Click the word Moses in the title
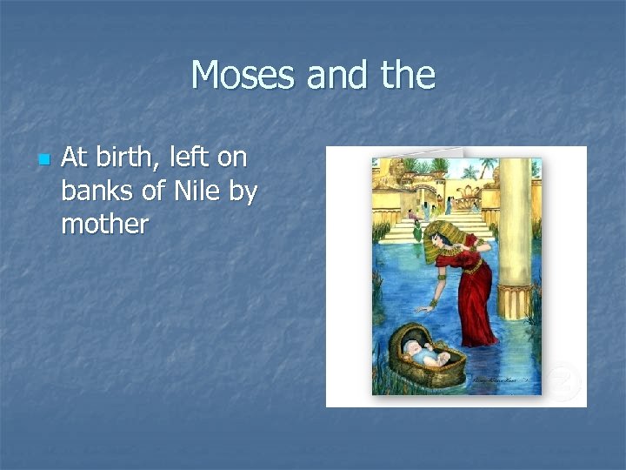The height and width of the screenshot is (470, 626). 243,75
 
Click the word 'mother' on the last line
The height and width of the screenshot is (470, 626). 104,225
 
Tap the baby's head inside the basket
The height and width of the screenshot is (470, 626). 417,350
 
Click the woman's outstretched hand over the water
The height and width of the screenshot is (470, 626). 422,307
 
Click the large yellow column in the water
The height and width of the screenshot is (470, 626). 515,235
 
